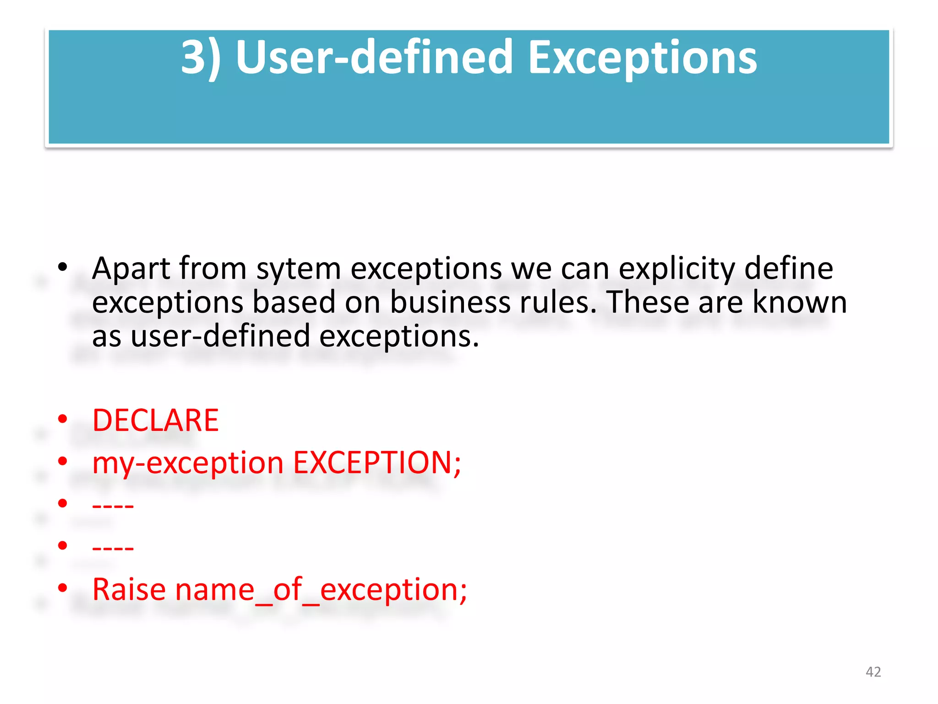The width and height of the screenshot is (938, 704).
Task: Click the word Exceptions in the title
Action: click(643, 58)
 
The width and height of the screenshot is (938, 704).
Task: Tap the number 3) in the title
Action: click(201, 58)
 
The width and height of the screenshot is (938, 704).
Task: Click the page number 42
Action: click(873, 672)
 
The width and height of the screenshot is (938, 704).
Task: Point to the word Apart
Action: click(131, 269)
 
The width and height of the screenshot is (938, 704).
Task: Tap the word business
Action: click(450, 302)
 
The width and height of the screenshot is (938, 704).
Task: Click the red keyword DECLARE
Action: click(156, 420)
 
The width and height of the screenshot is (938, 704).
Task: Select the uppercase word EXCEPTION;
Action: click(377, 462)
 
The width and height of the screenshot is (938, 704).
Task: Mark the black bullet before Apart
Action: click(63, 267)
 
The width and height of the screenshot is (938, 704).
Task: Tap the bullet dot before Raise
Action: click(63, 587)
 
